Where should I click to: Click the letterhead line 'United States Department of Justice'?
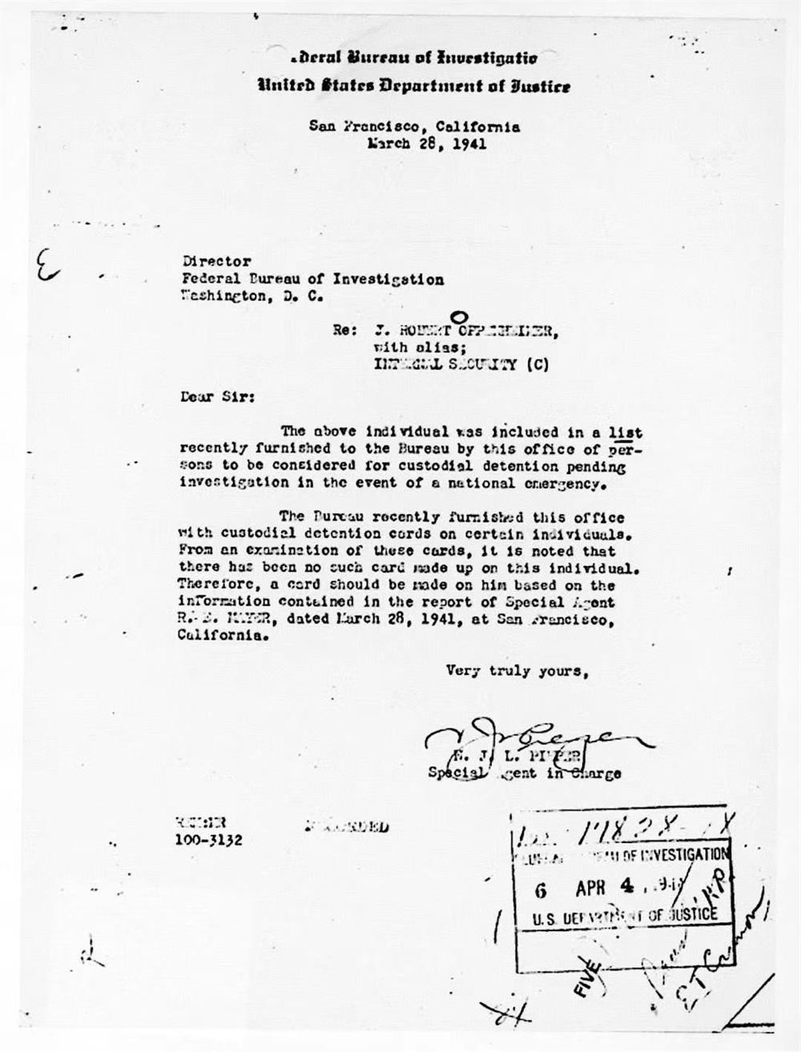[x=413, y=86]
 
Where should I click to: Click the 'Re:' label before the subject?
[x=345, y=331]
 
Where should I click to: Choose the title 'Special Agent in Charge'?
[x=524, y=773]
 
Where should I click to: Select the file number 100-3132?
[x=208, y=840]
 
